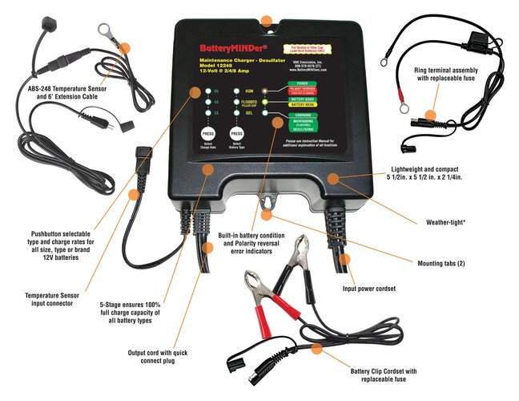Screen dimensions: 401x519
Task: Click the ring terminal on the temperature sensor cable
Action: pyautogui.click(x=103, y=30)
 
